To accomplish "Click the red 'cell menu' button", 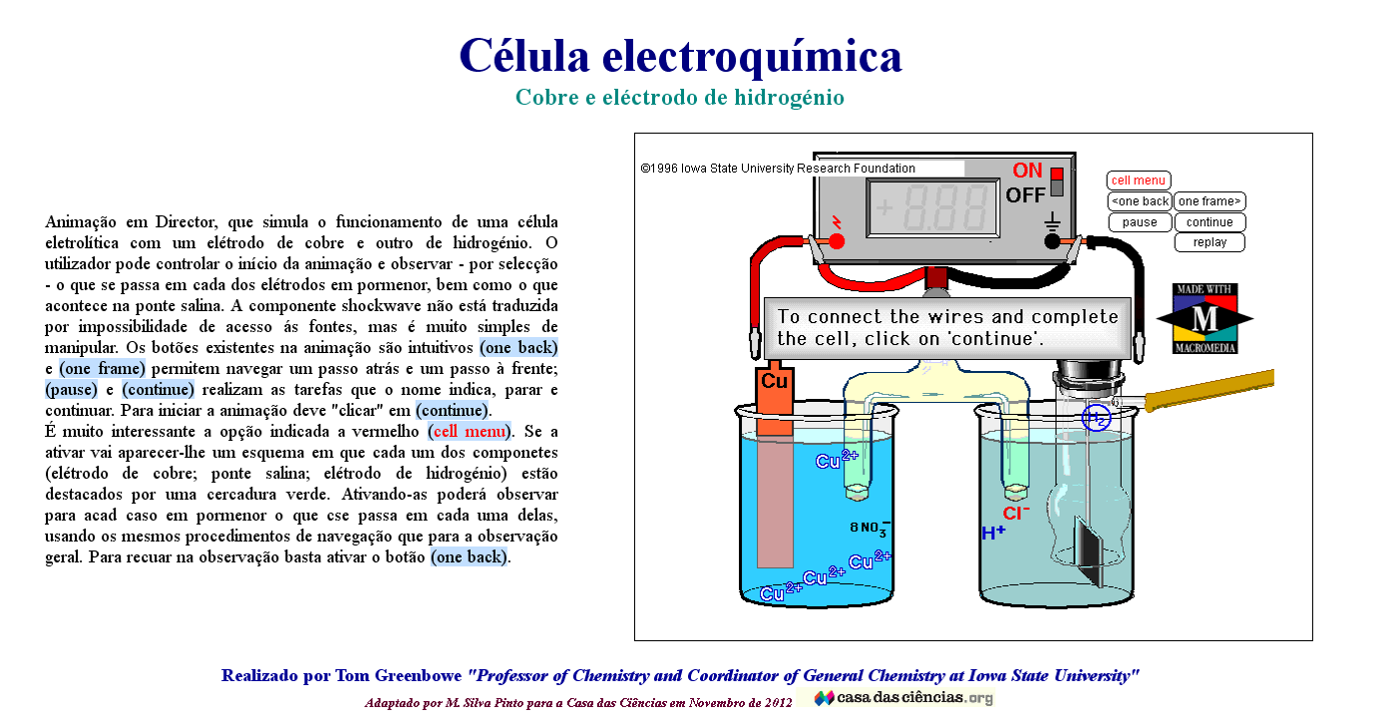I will pyautogui.click(x=1138, y=181).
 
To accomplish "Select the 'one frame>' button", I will pyautogui.click(x=1210, y=201).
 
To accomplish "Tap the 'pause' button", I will pyautogui.click(x=1140, y=222).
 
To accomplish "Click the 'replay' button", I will pyautogui.click(x=1210, y=242).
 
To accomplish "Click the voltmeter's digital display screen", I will pyautogui.click(x=932, y=208).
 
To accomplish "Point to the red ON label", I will pyautogui.click(x=1027, y=171).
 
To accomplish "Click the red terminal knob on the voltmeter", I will pyautogui.click(x=837, y=240).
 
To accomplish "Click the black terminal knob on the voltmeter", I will pyautogui.click(x=1052, y=240).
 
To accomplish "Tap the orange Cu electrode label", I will pyautogui.click(x=774, y=381).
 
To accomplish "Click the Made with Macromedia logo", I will pyautogui.click(x=1205, y=319).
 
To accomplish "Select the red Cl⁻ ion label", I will pyautogui.click(x=1016, y=514).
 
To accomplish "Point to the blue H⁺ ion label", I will pyautogui.click(x=993, y=534).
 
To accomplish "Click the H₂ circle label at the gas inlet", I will pyautogui.click(x=1097, y=419).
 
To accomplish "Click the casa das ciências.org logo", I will pyautogui.click(x=903, y=698).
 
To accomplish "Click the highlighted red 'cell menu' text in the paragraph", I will pyautogui.click(x=469, y=432).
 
